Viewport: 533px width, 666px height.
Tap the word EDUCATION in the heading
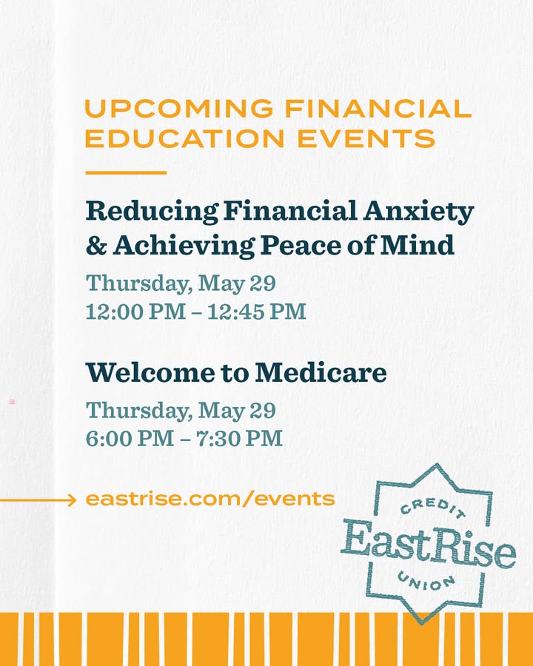point(185,138)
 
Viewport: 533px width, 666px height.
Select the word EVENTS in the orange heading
point(366,138)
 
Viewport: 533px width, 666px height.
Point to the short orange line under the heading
point(126,172)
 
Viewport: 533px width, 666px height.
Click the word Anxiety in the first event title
point(418,212)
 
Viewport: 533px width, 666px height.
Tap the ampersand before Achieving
point(96,246)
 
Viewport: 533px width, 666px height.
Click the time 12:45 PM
point(257,312)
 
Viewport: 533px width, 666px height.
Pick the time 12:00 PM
point(135,312)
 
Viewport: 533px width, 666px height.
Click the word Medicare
point(321,372)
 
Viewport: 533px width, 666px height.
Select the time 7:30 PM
point(239,438)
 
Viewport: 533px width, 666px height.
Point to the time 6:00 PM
point(130,438)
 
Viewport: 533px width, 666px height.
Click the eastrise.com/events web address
point(210,499)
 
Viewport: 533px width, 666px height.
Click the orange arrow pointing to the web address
point(38,500)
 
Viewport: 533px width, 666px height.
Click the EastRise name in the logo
point(429,545)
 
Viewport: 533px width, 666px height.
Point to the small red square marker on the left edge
point(13,401)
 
